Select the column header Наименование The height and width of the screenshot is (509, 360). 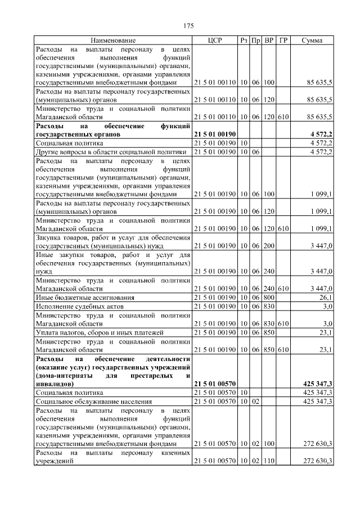pos(113,40)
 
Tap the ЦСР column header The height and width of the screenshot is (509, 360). pos(215,40)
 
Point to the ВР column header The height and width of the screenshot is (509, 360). pos(269,40)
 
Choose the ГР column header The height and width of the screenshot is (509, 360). pos(283,40)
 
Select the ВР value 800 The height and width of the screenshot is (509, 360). pos(269,297)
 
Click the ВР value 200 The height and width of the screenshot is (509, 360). pos(269,246)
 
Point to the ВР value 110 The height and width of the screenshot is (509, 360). pos(269,461)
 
